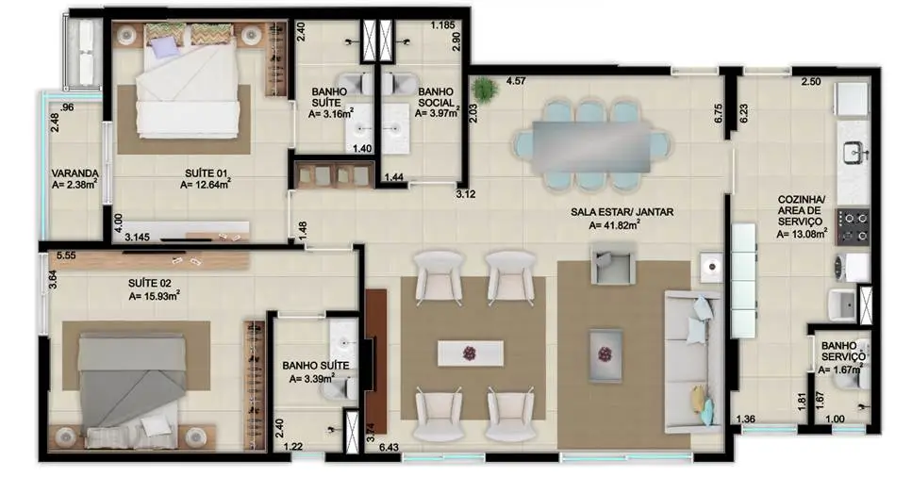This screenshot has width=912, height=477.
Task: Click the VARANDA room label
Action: click(x=75, y=173)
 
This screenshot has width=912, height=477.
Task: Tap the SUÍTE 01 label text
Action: click(x=206, y=173)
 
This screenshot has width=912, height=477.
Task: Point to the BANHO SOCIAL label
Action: click(x=437, y=96)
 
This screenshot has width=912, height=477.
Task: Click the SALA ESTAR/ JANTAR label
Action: click(x=622, y=212)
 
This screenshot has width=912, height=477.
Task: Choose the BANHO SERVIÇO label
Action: click(x=843, y=352)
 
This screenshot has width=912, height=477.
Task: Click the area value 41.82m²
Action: click(x=618, y=225)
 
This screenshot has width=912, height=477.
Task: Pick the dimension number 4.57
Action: click(x=516, y=82)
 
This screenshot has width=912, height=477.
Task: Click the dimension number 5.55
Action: click(x=66, y=255)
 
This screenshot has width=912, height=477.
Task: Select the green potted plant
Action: click(x=486, y=90)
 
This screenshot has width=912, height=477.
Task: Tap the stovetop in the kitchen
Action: click(x=853, y=225)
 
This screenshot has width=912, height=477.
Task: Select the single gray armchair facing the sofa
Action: click(x=609, y=265)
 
